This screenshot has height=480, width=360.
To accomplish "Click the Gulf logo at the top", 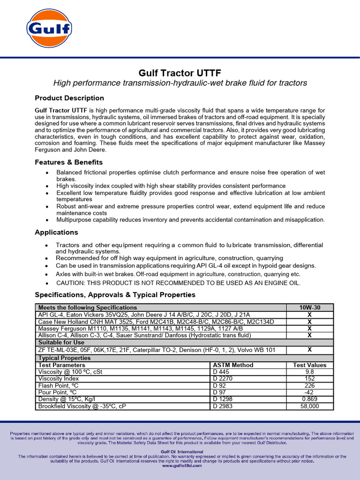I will (x=49, y=29).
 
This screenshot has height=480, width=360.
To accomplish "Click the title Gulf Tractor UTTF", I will (x=180, y=73).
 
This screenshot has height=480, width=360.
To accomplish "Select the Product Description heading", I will (x=69, y=98).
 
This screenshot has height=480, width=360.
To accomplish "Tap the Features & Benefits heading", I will (x=68, y=162).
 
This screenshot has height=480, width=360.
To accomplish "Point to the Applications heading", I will (x=56, y=232).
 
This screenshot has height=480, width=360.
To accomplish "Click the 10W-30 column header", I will (x=309, y=307).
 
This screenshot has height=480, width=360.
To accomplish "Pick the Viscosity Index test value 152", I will (x=309, y=378).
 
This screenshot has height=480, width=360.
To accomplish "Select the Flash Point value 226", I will (x=309, y=385).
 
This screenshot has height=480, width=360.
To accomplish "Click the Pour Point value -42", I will (x=309, y=392).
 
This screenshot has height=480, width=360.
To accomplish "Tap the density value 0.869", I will (x=309, y=399).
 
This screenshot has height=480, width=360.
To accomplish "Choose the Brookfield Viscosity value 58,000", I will (x=309, y=406).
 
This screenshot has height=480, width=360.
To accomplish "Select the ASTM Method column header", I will (x=233, y=365).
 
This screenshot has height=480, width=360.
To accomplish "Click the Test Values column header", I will (x=309, y=365).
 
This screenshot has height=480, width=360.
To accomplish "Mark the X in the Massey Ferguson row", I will (x=309, y=329).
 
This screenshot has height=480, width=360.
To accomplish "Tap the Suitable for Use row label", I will (x=61, y=342).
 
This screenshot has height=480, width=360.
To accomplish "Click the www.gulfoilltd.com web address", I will (x=182, y=465).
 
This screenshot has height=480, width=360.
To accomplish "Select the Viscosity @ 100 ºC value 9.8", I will (x=309, y=372).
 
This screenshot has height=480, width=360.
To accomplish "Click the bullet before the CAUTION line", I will (x=47, y=284).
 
